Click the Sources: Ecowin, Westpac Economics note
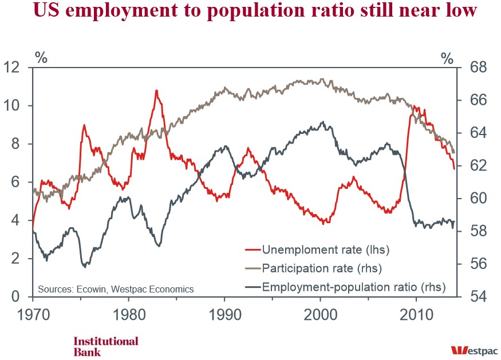pos(116,289)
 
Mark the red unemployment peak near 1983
pos(156,90)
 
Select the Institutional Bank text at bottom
pos(105,346)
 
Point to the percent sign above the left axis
pos(41,57)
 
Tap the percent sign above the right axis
pos(447,57)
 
